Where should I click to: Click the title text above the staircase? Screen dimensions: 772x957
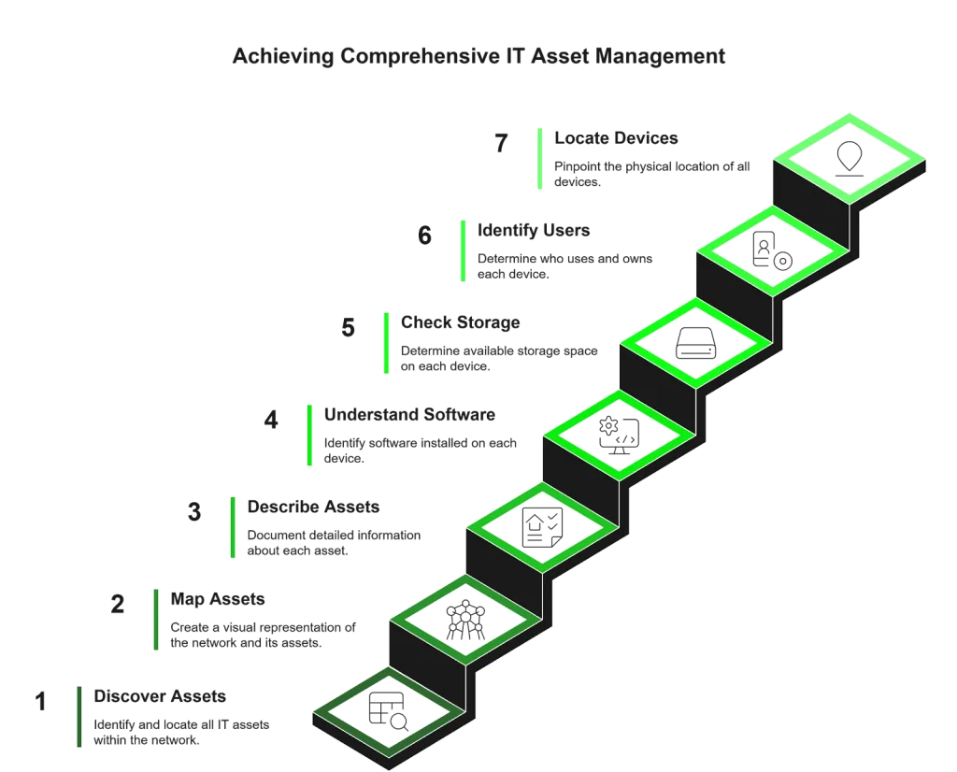pos(481,56)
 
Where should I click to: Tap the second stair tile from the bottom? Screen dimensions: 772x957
pos(465,620)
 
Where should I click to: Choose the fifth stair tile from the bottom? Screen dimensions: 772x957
pos(696,343)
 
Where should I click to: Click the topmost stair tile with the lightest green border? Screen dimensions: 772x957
pos(849,157)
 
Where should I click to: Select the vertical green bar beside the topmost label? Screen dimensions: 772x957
pos(537,160)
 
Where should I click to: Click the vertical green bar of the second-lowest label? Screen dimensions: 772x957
pos(156,620)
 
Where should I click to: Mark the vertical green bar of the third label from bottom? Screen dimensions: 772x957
pos(232,527)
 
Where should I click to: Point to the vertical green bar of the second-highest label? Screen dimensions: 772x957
pos(463,250)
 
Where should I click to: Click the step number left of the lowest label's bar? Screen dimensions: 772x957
pos(38,702)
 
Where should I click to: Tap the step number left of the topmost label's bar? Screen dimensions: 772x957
pos(501,142)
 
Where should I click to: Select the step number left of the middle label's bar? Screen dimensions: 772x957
pos(272,422)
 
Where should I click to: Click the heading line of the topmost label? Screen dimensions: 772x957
pos(616,141)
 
